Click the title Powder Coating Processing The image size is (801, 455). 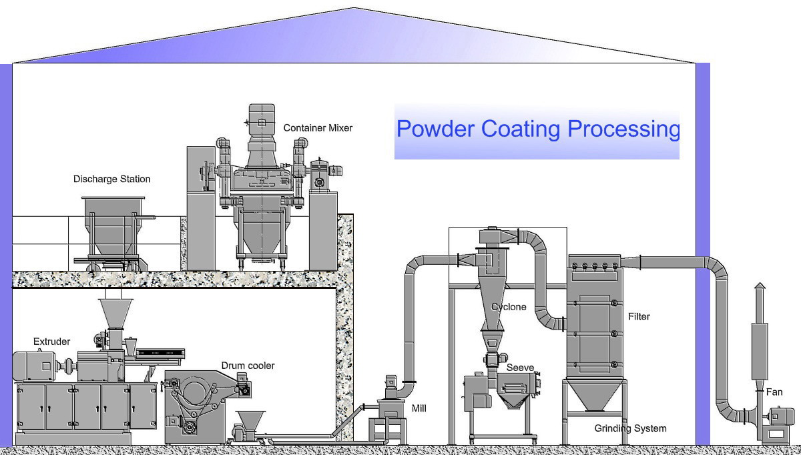point(537,129)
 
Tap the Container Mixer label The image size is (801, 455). point(318,127)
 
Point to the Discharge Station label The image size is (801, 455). point(111,179)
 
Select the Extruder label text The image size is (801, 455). point(51,342)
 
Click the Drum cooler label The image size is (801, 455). point(248,366)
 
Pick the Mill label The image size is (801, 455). point(419,408)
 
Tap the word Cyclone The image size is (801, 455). point(509,307)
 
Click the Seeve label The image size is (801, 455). point(519,368)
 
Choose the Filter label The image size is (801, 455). point(639,316)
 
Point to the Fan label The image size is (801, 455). point(774,392)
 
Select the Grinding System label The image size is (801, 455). point(630,428)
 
